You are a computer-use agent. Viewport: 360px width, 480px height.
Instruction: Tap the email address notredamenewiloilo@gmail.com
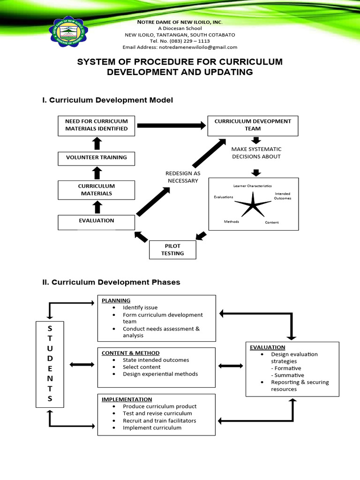pyautogui.click(x=180, y=47)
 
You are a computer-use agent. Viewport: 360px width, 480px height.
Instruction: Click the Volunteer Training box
pyautogui.click(x=96, y=157)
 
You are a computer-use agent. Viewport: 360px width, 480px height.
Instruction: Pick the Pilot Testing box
pyautogui.click(x=172, y=249)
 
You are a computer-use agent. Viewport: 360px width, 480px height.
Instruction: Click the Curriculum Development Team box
pyautogui.click(x=253, y=125)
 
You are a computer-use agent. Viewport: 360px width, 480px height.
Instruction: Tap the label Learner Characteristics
pyautogui.click(x=252, y=186)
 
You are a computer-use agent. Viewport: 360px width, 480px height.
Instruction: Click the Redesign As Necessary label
pyautogui.click(x=183, y=177)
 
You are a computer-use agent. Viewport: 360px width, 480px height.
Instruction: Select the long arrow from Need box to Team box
pyautogui.click(x=171, y=125)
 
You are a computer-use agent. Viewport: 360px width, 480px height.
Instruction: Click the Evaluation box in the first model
pyautogui.click(x=96, y=220)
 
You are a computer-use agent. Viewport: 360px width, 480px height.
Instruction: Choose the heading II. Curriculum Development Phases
pyautogui.click(x=111, y=282)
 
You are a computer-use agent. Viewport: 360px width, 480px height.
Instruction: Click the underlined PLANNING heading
pyautogui.click(x=116, y=300)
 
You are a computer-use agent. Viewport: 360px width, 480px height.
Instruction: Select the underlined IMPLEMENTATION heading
pyautogui.click(x=126, y=399)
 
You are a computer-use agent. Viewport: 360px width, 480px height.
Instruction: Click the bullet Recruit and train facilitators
pyautogui.click(x=159, y=420)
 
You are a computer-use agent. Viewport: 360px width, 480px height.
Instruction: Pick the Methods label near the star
pyautogui.click(x=232, y=221)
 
